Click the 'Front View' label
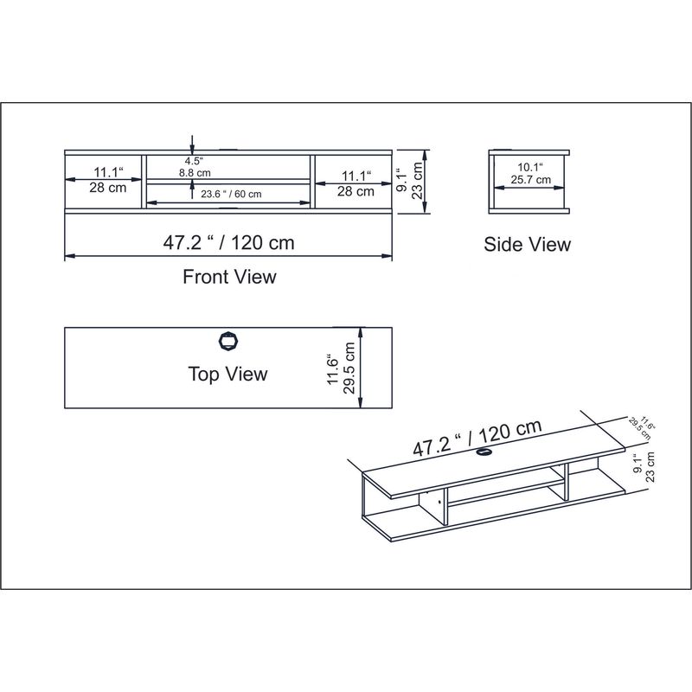[229, 277]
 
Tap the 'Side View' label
[527, 245]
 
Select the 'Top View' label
[227, 374]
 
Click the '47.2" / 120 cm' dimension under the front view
[229, 242]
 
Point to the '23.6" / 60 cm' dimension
[231, 194]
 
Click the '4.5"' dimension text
[193, 161]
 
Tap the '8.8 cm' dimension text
[195, 173]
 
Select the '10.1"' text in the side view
[530, 167]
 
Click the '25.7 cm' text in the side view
[530, 180]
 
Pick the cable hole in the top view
[228, 340]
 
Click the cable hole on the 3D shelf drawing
[484, 452]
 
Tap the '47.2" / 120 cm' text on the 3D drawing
[477, 438]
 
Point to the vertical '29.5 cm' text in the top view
[349, 368]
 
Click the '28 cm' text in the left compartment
[106, 188]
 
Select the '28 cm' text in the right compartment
[356, 191]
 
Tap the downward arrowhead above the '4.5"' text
[192, 148]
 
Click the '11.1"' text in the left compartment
[106, 172]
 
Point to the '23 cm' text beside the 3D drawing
[651, 465]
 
